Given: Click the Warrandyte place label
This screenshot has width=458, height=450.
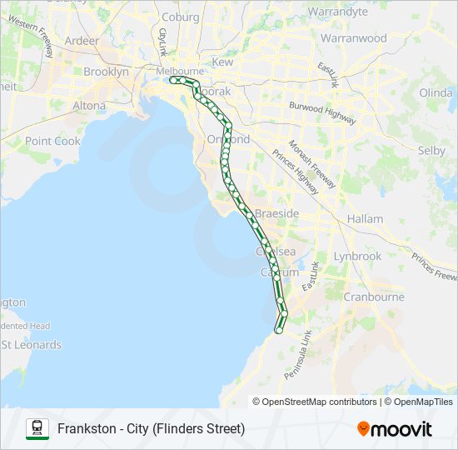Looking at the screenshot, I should point(337,12).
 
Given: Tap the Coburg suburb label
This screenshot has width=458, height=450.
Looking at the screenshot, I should point(181,17).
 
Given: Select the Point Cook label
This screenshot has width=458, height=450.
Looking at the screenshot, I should point(52,141).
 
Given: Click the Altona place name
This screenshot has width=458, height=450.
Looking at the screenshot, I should point(89,106).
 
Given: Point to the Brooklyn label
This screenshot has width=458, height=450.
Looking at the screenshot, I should point(106,72).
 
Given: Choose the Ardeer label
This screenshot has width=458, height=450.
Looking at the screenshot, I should point(81,40).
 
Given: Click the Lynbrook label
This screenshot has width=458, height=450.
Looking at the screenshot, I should point(356,257).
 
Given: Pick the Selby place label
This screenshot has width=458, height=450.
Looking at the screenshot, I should point(431,151).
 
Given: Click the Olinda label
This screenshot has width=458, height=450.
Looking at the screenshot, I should point(436,92).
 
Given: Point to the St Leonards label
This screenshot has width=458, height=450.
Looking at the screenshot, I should point(32,345).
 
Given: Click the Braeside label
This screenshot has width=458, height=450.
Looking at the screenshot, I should point(276,214).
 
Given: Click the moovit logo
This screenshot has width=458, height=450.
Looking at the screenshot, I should point(395,429).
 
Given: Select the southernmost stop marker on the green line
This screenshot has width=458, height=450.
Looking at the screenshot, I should point(278,331).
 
